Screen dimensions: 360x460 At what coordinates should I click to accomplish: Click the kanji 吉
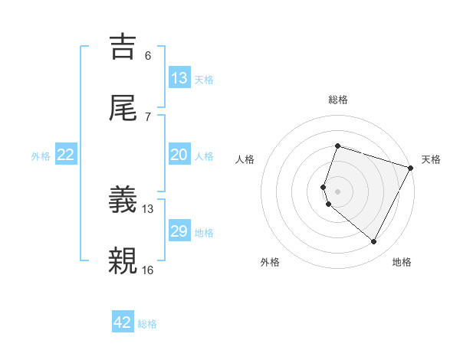(x=124, y=46)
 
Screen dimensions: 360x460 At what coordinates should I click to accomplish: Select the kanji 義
(x=124, y=201)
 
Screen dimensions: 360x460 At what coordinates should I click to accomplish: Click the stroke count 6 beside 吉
(x=147, y=56)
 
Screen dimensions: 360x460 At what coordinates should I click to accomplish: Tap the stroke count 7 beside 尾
(x=147, y=116)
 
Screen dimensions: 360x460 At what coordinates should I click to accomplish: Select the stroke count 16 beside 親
(x=148, y=269)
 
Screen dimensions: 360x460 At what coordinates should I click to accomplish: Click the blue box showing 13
(x=179, y=77)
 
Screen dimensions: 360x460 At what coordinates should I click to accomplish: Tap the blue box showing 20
(x=179, y=155)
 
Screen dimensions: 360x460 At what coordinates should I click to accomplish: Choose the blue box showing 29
(x=179, y=231)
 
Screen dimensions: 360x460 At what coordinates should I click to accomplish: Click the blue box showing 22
(x=66, y=155)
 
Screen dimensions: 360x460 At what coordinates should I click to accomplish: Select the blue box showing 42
(x=123, y=322)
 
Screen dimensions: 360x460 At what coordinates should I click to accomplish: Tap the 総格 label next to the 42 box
(x=147, y=324)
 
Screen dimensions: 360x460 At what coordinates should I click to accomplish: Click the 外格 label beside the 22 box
(x=41, y=156)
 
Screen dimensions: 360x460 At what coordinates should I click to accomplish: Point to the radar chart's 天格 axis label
(x=432, y=160)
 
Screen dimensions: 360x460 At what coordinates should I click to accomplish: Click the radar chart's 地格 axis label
(x=402, y=263)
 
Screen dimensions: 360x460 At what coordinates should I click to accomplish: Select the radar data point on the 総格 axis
(x=337, y=146)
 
